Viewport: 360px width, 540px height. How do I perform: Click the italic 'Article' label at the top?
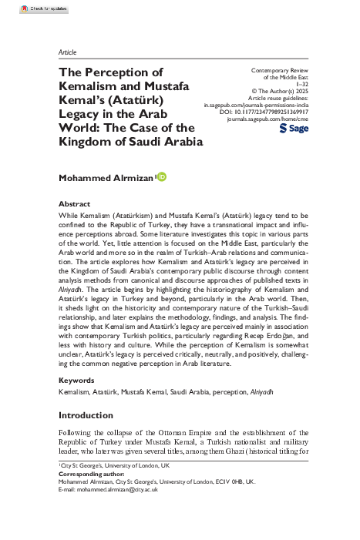(x=68, y=52)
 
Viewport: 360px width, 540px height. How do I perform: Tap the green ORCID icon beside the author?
(x=162, y=177)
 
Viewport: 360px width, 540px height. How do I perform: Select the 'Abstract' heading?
(x=74, y=203)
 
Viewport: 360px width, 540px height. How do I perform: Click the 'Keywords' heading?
(x=77, y=381)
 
